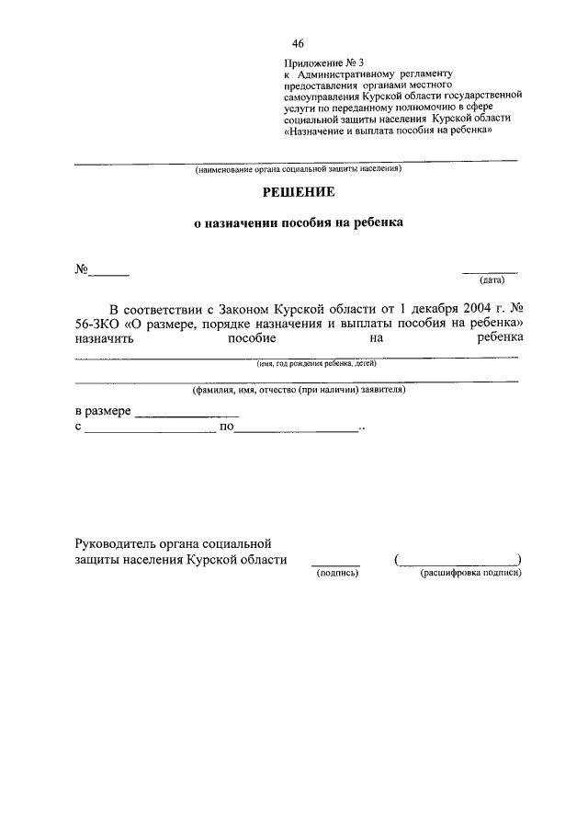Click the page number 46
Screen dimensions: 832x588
[x=298, y=43]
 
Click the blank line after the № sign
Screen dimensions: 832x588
[x=109, y=273]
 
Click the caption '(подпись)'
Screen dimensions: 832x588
[x=336, y=573]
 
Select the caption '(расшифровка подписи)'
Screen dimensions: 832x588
[x=470, y=573]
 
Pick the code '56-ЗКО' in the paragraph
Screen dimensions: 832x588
[x=96, y=325]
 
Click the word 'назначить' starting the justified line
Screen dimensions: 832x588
[x=104, y=338]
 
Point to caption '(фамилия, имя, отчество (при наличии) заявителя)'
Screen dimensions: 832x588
[x=298, y=390]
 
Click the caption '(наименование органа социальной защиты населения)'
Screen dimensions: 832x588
[x=297, y=170]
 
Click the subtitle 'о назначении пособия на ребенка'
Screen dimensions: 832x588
[x=298, y=222]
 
